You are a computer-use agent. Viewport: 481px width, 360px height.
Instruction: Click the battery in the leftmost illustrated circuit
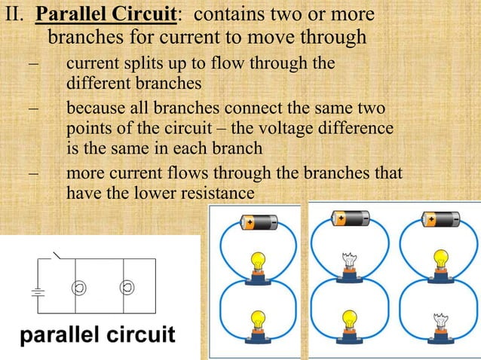click(x=259, y=222)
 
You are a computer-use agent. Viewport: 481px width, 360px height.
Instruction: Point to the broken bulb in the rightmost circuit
click(x=440, y=321)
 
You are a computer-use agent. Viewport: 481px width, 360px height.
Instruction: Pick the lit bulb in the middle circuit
click(x=349, y=321)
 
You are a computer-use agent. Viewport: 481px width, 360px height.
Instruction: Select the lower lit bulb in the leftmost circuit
click(x=259, y=321)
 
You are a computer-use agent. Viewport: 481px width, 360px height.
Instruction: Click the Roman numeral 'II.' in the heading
click(x=14, y=16)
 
